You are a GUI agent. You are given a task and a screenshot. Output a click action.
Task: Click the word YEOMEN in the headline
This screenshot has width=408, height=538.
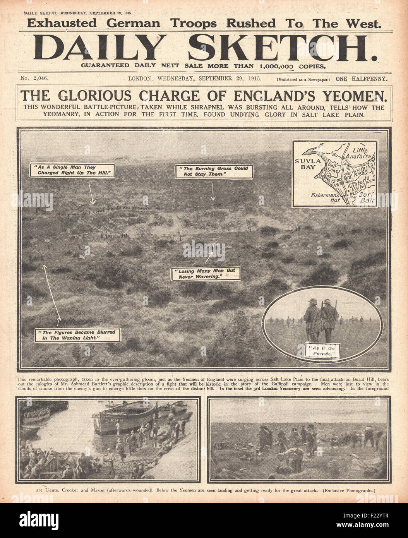point(351,95)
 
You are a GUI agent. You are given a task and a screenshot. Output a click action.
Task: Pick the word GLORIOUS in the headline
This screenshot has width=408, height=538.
point(106,95)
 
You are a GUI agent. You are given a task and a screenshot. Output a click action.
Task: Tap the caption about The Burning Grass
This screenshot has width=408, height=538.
point(213,171)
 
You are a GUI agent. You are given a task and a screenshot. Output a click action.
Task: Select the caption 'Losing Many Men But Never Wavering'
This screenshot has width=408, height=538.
point(205,274)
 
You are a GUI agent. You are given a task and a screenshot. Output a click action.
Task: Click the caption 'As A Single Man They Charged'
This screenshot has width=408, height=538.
point(73,170)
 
